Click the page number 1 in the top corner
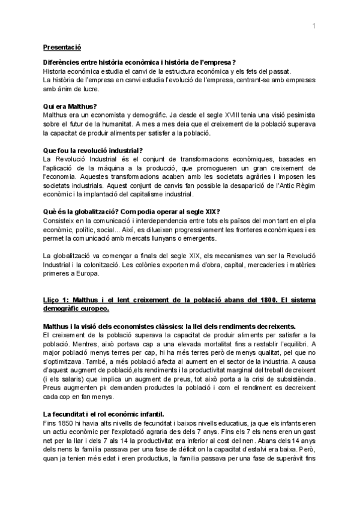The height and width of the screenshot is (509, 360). (313, 25)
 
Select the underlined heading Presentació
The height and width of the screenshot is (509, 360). (62, 47)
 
